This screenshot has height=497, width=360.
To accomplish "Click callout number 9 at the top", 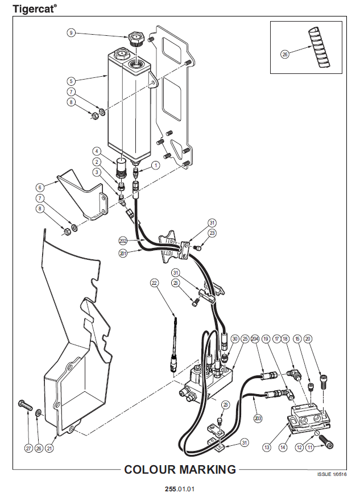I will [71, 33].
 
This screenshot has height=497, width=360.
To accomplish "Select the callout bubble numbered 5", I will [71, 81].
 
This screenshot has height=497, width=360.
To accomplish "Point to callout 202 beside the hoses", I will [123, 241].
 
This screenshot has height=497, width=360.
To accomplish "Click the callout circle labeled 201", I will [123, 254].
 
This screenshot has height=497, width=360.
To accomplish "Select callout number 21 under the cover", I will [49, 448].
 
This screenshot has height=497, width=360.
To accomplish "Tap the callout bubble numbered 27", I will [28, 448].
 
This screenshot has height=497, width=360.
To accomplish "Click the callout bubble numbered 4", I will [97, 151].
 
